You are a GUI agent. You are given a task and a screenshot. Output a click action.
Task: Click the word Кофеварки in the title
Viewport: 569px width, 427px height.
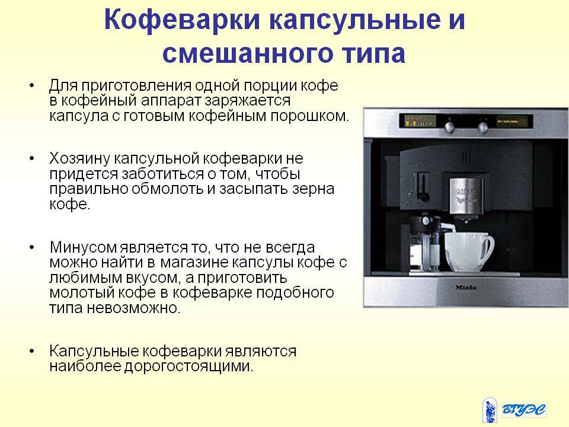tap(182, 20)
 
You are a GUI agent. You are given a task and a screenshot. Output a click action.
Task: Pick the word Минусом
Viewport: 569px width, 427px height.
tap(84, 248)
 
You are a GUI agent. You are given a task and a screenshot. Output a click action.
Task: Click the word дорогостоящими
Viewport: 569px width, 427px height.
tap(188, 366)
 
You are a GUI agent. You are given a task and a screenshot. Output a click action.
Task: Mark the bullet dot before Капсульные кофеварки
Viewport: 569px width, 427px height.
tap(32, 351)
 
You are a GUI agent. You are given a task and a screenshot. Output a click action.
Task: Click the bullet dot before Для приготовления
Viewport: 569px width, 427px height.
tap(32, 85)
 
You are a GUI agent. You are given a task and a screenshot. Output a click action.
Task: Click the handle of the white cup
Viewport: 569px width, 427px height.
tap(488, 250)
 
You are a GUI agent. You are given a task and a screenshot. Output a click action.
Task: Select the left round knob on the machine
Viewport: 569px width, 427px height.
tap(450, 127)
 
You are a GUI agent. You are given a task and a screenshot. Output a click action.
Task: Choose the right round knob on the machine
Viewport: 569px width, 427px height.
tap(482, 128)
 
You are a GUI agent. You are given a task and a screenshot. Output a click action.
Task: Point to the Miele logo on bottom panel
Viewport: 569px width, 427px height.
tap(466, 288)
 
